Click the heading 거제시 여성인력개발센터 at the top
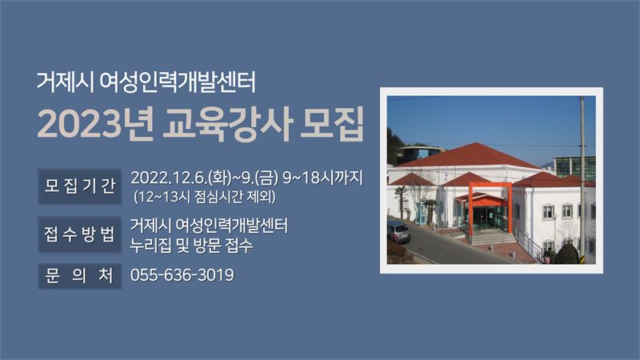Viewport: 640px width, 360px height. pyautogui.click(x=146, y=82)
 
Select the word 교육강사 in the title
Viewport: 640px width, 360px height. pyautogui.click(x=227, y=124)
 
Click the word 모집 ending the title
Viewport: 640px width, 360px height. pyautogui.click(x=331, y=124)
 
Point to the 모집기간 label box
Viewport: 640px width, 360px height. pyautogui.click(x=79, y=186)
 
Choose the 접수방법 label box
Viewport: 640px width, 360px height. pyautogui.click(x=79, y=234)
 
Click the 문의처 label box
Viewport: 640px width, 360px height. pyautogui.click(x=79, y=276)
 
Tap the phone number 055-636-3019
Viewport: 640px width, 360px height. pyautogui.click(x=182, y=275)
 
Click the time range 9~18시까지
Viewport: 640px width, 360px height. pyautogui.click(x=322, y=178)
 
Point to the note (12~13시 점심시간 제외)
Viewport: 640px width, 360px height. pyautogui.click(x=205, y=197)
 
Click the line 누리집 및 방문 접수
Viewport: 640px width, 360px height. pyautogui.click(x=191, y=246)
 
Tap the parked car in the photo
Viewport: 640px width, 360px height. pyautogui.click(x=398, y=231)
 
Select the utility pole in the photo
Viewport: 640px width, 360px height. pyautogui.click(x=583, y=179)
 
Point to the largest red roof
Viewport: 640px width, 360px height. pyautogui.click(x=470, y=155)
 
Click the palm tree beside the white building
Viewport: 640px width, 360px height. pyautogui.click(x=402, y=200)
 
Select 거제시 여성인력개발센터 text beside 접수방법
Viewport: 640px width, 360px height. pyautogui.click(x=210, y=226)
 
